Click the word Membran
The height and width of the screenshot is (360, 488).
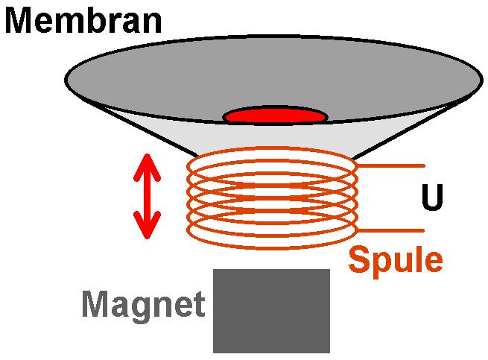pos(83,20)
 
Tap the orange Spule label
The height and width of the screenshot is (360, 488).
pos(396,261)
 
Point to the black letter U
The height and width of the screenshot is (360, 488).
pos(432,197)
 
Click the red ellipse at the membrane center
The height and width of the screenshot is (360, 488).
pos(275,116)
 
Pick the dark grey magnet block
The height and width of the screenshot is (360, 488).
pos(271,311)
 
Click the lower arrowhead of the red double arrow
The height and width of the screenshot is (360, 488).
pos(147,225)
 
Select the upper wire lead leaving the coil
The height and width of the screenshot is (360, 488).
pos(391,166)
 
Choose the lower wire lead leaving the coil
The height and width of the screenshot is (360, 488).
pos(391,231)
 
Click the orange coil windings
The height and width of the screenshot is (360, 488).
pos(272,198)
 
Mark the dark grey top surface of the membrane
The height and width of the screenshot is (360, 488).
pos(274,75)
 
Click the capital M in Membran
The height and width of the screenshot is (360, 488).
pos(19,20)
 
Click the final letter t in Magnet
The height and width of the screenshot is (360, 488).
pos(198,303)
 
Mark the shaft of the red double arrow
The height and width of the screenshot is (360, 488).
pos(147,196)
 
